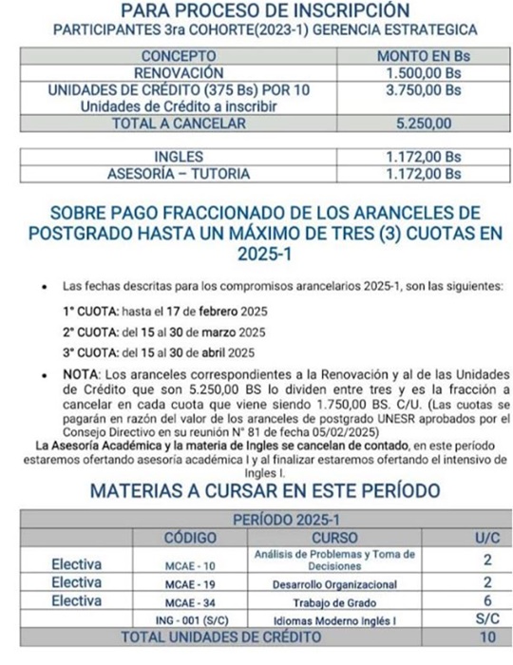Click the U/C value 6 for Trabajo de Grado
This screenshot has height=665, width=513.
tap(486, 601)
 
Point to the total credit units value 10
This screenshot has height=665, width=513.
tap(486, 637)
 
